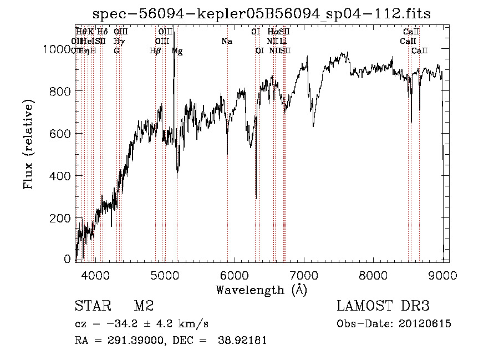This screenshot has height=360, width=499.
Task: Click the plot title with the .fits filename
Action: coord(262,14)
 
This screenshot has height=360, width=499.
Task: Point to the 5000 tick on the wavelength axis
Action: coord(165,273)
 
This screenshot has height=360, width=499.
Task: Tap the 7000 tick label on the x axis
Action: coord(304,273)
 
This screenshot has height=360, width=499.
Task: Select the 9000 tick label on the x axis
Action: coord(442,273)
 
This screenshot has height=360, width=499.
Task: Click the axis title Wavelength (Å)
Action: coord(261,290)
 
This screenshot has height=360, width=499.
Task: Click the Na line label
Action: coord(226,42)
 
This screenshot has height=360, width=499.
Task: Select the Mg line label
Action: coord(177,51)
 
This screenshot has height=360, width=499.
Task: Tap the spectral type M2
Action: coord(144,306)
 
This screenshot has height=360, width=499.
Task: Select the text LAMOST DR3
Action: coord(383,306)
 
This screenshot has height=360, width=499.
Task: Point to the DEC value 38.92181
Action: coord(243,341)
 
